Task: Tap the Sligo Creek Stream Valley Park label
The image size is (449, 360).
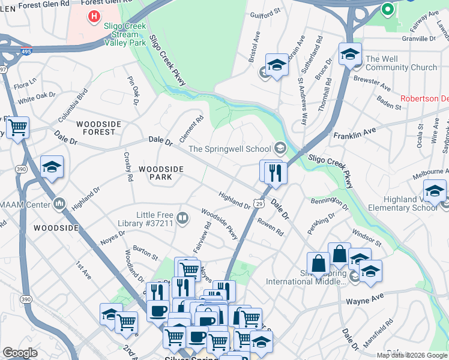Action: point(125,34)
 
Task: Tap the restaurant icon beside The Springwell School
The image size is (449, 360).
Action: point(276,173)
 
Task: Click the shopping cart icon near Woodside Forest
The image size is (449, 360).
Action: point(18,127)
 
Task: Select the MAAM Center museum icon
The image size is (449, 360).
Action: point(59,205)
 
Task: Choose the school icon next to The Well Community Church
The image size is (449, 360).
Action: point(350,55)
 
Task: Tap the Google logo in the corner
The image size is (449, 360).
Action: point(20,353)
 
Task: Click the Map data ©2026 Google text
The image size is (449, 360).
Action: point(411,355)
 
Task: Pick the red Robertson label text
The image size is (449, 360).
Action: point(424,99)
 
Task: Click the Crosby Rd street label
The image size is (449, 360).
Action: point(128,170)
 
